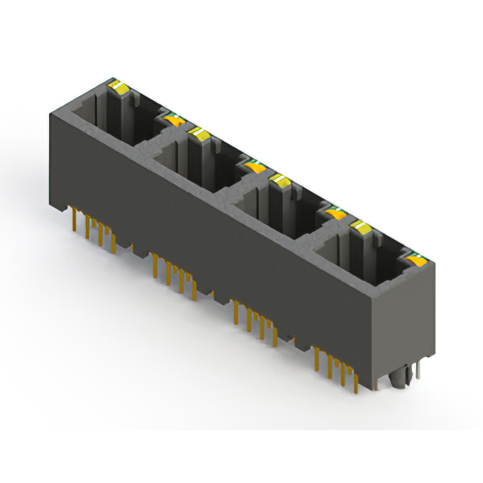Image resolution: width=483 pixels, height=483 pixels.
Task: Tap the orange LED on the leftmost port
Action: point(174,118)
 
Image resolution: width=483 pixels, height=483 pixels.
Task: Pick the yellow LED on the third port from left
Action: point(280,180)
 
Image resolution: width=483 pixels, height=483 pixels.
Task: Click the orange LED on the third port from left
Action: point(334,214)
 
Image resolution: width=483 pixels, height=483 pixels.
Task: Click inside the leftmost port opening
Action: point(113,121)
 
